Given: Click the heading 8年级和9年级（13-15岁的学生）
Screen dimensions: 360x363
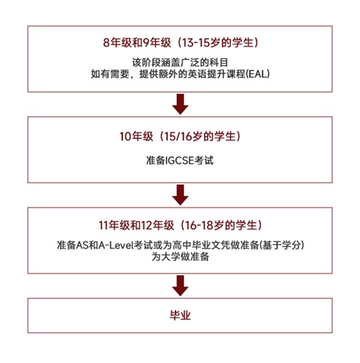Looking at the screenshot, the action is point(180,43).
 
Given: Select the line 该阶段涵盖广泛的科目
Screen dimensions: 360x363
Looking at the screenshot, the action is point(180,62).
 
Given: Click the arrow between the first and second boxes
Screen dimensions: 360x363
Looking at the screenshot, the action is point(180,104).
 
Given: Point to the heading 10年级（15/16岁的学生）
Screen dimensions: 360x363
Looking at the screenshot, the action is point(180,136).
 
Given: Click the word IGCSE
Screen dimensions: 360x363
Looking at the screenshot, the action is point(180,160).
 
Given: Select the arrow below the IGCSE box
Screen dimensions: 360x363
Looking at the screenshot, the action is point(180,195).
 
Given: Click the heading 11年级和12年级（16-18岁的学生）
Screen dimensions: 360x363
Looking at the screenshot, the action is point(180,226).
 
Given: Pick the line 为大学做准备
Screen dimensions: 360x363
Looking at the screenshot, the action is point(180,256).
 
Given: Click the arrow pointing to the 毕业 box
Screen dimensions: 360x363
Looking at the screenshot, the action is point(180,286).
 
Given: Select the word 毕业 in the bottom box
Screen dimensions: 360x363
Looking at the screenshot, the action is point(180,316).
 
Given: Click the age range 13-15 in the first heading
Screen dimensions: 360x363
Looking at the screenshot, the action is point(194,43).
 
